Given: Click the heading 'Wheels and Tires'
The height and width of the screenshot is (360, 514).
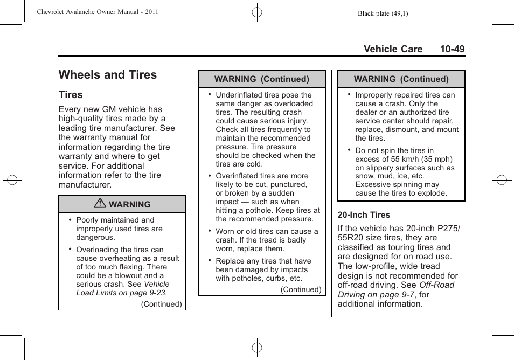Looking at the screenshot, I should tap(108, 75).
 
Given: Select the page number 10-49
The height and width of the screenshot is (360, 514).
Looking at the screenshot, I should tap(452, 49).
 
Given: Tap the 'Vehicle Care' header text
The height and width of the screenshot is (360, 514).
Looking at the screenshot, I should tap(393, 49).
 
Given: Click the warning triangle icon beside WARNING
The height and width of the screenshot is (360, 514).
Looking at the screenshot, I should tap(101, 204).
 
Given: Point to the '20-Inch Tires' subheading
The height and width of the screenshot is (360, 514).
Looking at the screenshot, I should tap(364, 214).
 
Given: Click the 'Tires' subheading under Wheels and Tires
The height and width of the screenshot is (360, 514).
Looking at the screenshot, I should tap(71, 95).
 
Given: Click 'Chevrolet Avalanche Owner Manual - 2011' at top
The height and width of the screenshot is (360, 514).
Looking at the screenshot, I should tap(98, 12).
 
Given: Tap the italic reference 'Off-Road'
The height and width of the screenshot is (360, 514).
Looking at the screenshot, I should tap(437, 285).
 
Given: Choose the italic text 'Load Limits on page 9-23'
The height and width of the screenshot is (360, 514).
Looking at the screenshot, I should tap(122, 293).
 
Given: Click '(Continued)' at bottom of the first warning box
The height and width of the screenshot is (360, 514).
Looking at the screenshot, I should tap(162, 304).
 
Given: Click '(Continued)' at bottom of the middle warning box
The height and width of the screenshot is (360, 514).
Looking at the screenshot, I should tap(301, 289).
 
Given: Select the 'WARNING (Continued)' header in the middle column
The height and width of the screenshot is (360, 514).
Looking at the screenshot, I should tap(262, 79).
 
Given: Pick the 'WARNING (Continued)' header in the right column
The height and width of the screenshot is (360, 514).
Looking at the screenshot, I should tap(401, 79).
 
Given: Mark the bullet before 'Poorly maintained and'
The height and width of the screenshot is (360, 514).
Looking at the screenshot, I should tap(70, 220).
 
